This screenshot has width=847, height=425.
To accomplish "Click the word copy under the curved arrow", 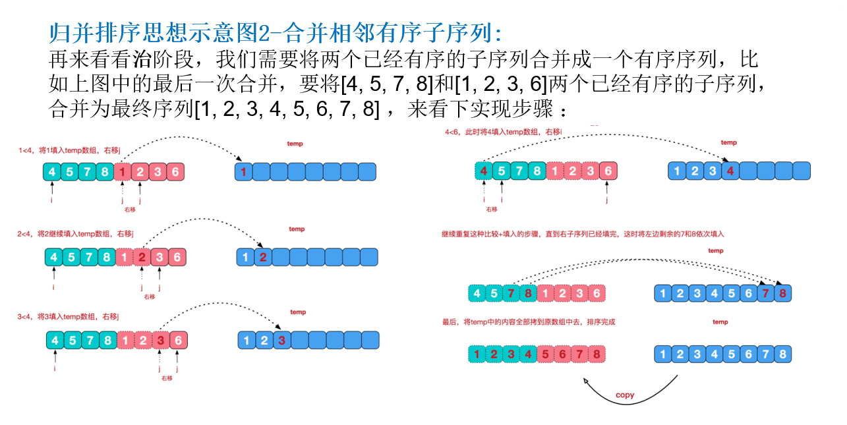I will (x=624, y=395).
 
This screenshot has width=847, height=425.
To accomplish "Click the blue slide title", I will (x=276, y=33).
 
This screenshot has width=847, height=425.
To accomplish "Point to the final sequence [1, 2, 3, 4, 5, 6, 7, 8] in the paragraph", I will (x=287, y=109).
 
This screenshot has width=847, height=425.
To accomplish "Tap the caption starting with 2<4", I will (x=76, y=233).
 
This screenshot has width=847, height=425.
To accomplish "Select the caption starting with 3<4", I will (x=69, y=317).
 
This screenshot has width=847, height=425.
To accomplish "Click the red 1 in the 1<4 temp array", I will (x=244, y=173).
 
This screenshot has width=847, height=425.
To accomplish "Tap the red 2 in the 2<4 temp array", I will (x=263, y=257).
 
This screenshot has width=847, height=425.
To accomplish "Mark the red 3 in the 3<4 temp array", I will (x=281, y=341).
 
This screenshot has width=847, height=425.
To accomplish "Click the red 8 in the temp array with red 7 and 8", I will (x=782, y=293).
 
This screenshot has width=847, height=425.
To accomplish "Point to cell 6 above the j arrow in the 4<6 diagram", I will (x=608, y=171).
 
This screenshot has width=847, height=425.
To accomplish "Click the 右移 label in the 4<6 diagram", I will (x=492, y=209).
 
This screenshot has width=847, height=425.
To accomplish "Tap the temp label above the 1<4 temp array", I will (x=295, y=144).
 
